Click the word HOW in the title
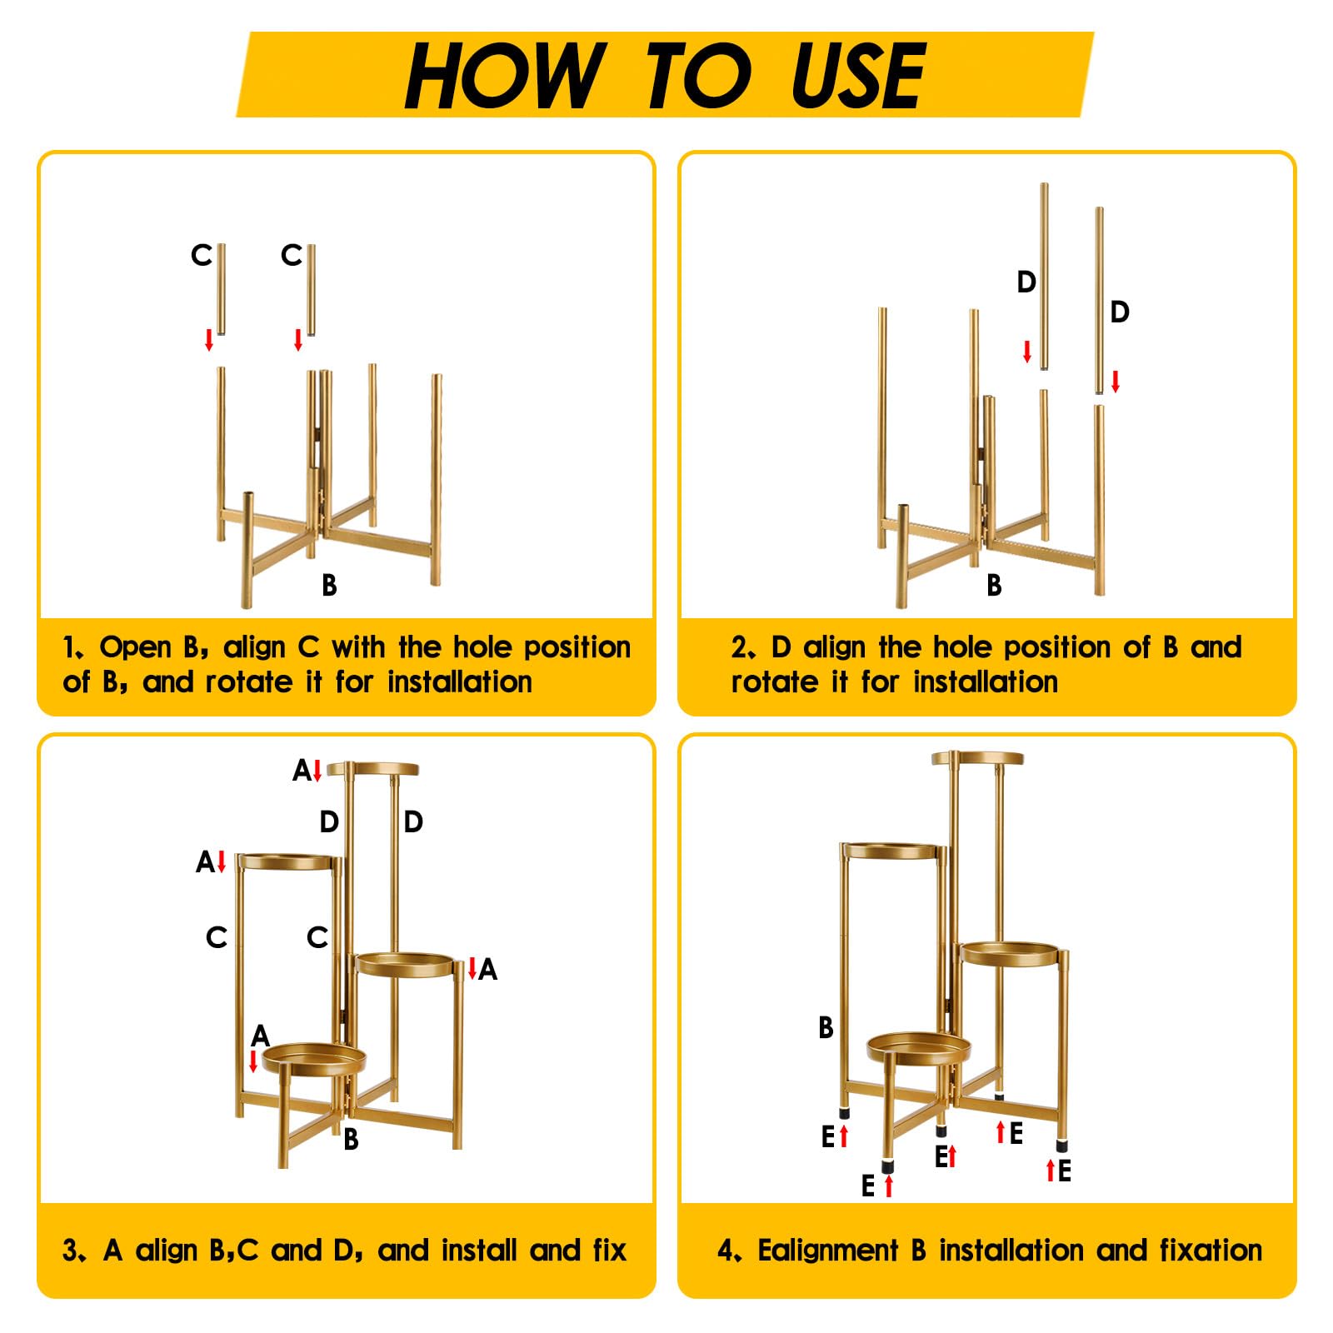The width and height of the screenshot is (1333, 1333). pyautogui.click(x=504, y=75)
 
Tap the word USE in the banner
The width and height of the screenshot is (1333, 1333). pyautogui.click(x=857, y=75)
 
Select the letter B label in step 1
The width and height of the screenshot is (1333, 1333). pyautogui.click(x=329, y=585)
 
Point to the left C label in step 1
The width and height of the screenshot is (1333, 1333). pyautogui.click(x=201, y=255)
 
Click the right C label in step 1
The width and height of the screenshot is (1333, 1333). pyautogui.click(x=291, y=255)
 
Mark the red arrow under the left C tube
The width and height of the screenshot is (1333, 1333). pyautogui.click(x=209, y=339)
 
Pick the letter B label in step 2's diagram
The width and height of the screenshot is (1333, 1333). pyautogui.click(x=994, y=585)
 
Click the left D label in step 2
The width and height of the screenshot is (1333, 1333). pyautogui.click(x=1026, y=282)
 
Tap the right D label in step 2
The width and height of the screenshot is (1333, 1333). pyautogui.click(x=1120, y=312)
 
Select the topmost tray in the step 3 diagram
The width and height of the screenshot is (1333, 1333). pyautogui.click(x=372, y=769)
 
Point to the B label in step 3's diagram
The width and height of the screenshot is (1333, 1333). pyautogui.click(x=351, y=1139)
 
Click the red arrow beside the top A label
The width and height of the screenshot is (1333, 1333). pyautogui.click(x=317, y=771)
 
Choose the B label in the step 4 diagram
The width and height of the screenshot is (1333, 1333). pyautogui.click(x=826, y=1027)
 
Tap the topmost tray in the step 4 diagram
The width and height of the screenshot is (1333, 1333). pyautogui.click(x=977, y=758)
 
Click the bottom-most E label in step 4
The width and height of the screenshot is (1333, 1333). pyautogui.click(x=868, y=1186)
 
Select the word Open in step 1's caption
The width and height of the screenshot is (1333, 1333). pyautogui.click(x=136, y=648)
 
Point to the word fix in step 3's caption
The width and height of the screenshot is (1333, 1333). pyautogui.click(x=609, y=1251)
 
